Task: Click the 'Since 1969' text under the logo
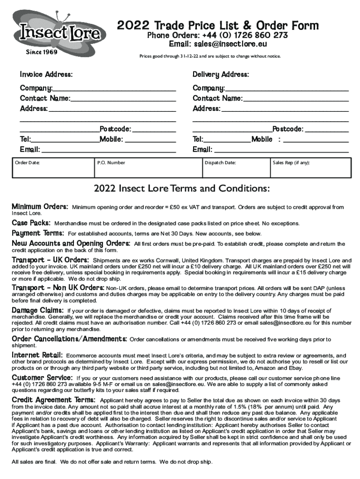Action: tap(42, 52)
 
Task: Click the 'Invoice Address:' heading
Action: tap(46, 75)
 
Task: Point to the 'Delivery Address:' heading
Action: tap(221, 75)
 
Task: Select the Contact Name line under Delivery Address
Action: tap(295, 98)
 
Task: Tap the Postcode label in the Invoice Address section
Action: tap(115, 129)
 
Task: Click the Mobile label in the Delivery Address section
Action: tap(262, 139)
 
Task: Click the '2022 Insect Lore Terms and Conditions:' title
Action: tap(181, 189)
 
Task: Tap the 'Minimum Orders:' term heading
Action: tap(40, 207)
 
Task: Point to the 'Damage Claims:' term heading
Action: tap(38, 310)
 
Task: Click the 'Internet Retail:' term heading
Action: tap(37, 356)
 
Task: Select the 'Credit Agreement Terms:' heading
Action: tap(54, 400)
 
